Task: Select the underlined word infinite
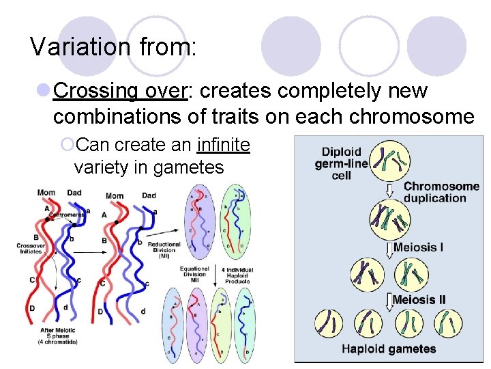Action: tap(223, 145)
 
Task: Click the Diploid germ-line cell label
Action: tap(341, 163)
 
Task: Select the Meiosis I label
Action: tap(418, 247)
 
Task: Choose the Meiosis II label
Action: tap(419, 299)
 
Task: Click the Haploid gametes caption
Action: tap(389, 349)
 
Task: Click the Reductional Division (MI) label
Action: tap(164, 249)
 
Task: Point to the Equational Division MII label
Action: tap(194, 274)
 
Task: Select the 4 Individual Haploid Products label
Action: tap(237, 274)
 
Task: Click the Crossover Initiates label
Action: tap(31, 247)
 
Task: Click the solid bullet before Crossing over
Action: tap(43, 90)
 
